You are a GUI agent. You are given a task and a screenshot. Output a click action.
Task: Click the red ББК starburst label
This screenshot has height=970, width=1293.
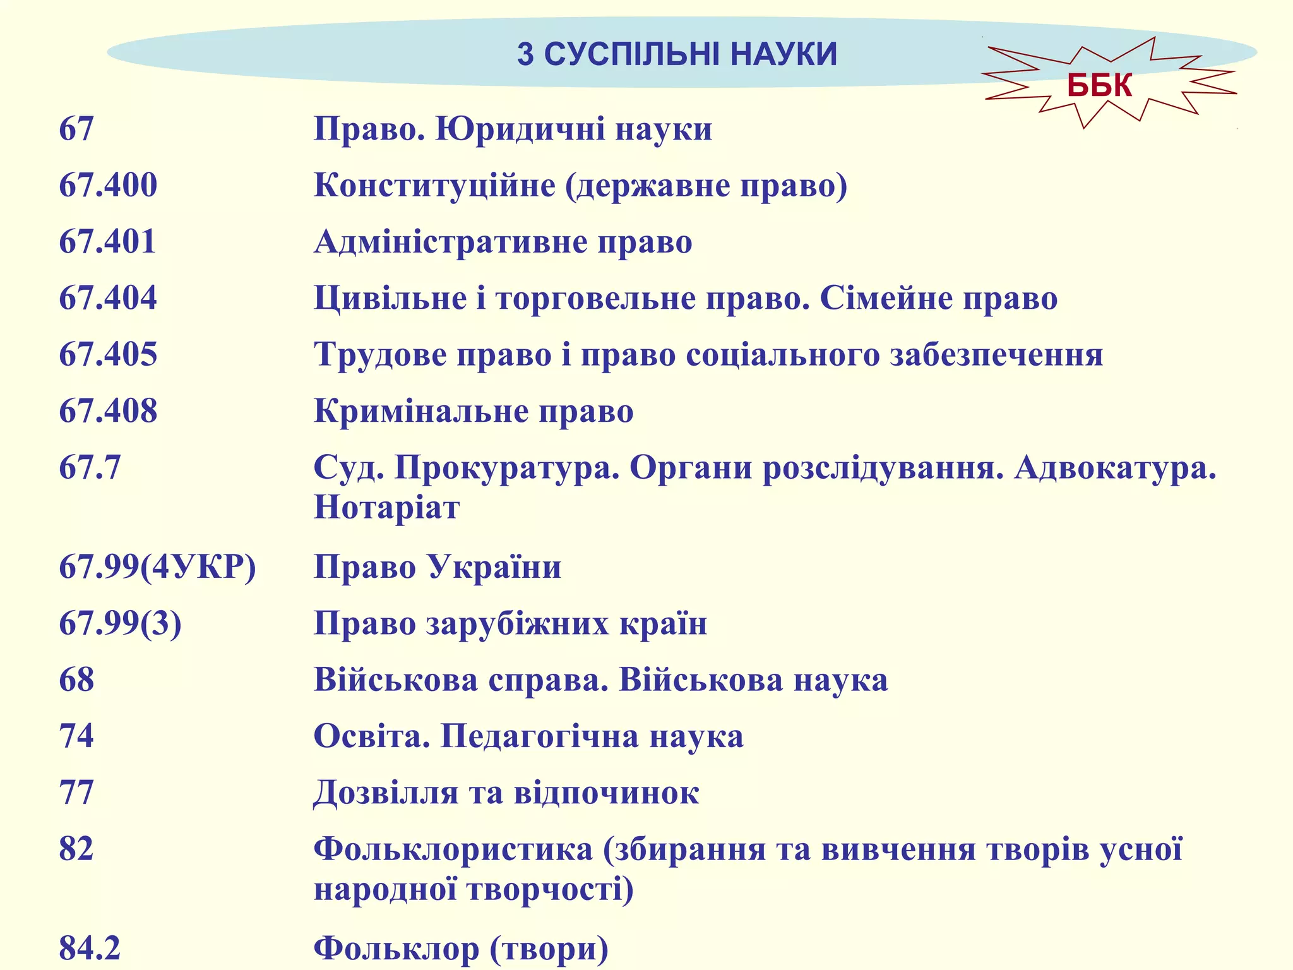point(1099,85)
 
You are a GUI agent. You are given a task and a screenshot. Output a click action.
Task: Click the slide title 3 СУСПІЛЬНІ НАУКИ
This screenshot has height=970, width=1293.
point(677,54)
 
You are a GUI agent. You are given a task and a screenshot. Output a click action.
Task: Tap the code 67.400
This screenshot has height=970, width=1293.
point(108,186)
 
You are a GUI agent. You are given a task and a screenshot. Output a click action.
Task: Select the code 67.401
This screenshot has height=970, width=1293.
point(107,242)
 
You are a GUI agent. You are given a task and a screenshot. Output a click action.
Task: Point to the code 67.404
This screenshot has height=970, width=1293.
point(108,298)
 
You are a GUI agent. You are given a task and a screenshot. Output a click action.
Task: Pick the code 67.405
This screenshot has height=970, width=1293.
point(108,354)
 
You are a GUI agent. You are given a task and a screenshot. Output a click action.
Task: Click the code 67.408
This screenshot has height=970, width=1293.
point(108,411)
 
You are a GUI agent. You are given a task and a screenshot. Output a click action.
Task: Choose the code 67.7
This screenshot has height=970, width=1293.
point(90,468)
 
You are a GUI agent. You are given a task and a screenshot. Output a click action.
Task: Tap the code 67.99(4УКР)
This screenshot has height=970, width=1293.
point(157,566)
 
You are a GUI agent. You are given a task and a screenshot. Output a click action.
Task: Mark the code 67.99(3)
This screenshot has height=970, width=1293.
point(120,623)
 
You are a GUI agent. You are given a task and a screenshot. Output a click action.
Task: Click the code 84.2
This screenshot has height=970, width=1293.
point(90,948)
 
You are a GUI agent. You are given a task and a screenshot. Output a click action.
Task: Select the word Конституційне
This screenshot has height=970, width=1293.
point(434,186)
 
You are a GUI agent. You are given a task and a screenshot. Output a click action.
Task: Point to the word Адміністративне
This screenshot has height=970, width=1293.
point(450,242)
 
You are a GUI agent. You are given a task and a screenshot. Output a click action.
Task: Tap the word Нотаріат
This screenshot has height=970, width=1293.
point(386,507)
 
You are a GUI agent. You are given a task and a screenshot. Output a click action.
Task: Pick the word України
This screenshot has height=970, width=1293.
point(494,566)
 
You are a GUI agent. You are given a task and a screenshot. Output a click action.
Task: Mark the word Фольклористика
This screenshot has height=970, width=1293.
point(453,849)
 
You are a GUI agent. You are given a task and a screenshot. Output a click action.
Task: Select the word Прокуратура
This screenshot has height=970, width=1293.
point(507,468)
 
